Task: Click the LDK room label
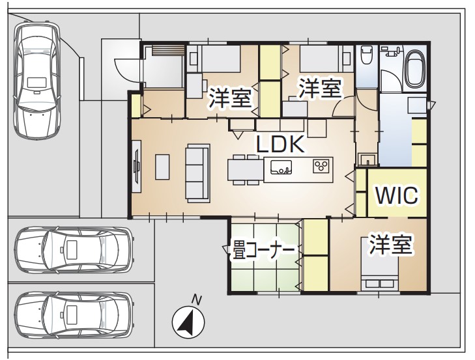point(280,144)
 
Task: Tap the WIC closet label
point(397,195)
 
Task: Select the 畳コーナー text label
point(263,250)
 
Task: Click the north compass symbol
point(188,322)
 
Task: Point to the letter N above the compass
point(197,299)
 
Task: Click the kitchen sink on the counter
point(281,167)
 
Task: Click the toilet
point(366,55)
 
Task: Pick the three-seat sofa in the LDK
point(198,173)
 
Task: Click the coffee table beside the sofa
point(162,167)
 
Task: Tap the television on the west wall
point(137,166)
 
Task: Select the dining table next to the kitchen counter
point(246,169)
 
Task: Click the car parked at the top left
point(37,80)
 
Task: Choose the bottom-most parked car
point(74,314)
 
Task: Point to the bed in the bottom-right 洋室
point(380,264)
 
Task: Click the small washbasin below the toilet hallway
point(367,159)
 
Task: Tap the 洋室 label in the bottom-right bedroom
point(390,244)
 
